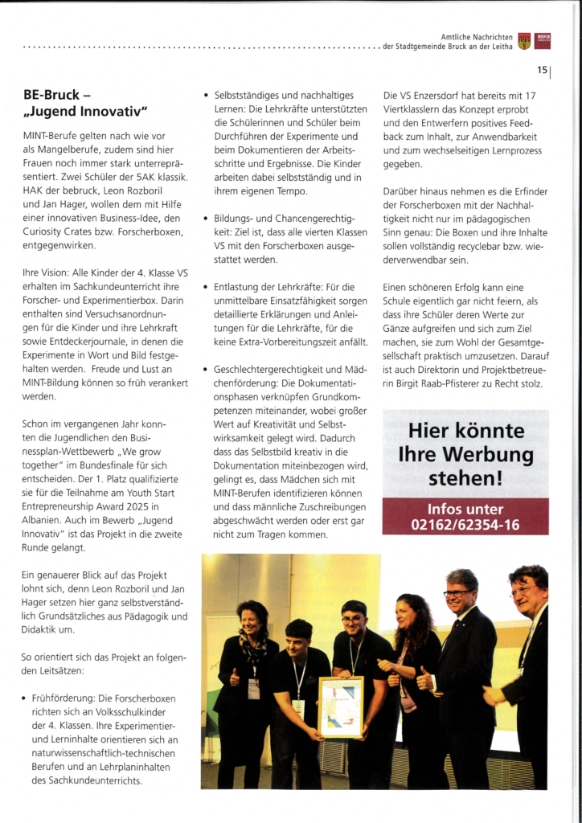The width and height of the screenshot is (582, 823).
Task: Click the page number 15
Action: tap(542, 71)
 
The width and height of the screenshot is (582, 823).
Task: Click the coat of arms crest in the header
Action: tap(524, 41)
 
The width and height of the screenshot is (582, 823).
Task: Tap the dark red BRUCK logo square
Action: tap(543, 41)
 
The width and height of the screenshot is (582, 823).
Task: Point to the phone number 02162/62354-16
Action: tap(465, 524)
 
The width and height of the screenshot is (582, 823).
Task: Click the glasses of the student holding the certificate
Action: tap(353, 620)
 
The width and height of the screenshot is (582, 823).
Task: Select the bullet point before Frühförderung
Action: tap(26, 698)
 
